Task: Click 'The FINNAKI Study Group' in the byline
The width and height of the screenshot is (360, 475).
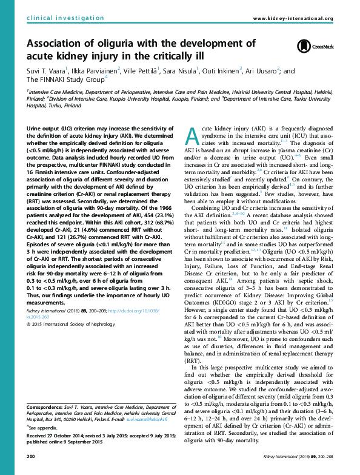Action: (x=65, y=79)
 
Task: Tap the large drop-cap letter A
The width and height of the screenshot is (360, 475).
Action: (x=190, y=138)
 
